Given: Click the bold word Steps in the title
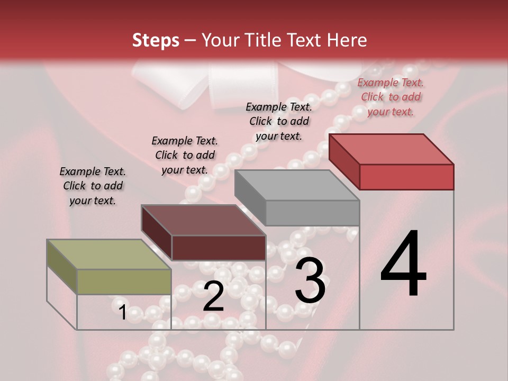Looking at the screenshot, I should click(x=156, y=40).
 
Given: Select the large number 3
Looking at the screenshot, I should click(x=310, y=280).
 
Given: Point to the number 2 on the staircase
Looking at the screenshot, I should click(x=213, y=297).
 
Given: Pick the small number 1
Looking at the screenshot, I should click(x=122, y=312).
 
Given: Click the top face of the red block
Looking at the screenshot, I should click(x=391, y=149).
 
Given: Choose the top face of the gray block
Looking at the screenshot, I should click(x=296, y=185).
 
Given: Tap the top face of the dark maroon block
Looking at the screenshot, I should click(x=203, y=220).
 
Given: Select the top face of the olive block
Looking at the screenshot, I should click(x=109, y=255).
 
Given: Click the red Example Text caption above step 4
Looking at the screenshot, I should click(x=391, y=97).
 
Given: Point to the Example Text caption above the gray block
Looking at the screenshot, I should click(x=279, y=121).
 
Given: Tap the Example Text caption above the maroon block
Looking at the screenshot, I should click(x=185, y=155).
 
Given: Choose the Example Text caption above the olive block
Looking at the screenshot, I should click(x=93, y=186).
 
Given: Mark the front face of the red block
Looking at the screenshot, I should click(x=406, y=177).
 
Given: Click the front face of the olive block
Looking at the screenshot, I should click(x=124, y=282).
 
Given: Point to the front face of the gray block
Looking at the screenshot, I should click(x=312, y=213).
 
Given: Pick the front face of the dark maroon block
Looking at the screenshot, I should click(x=219, y=248).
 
